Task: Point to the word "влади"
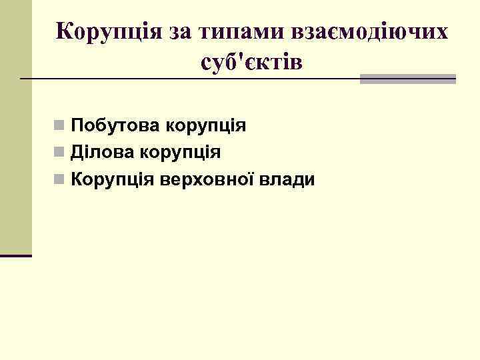(287, 180)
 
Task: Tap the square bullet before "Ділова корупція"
(60, 153)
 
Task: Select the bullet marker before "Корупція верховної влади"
(60, 180)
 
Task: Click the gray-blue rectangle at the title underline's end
(407, 79)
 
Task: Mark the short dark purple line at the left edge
(16, 255)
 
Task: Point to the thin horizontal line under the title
(187, 79)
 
